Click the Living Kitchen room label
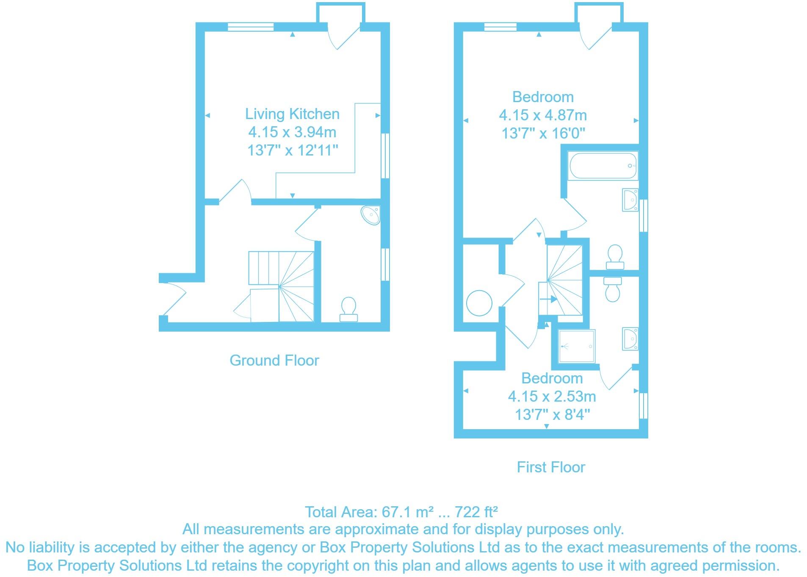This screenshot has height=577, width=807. tap(292, 114)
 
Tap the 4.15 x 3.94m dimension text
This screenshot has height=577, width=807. tap(292, 132)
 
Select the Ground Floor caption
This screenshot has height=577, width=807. tap(274, 361)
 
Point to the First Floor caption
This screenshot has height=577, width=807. tap(550, 467)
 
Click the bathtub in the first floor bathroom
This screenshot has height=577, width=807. tap(603, 166)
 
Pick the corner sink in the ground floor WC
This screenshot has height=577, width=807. tap(371, 215)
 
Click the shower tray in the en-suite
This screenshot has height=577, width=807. tap(576, 346)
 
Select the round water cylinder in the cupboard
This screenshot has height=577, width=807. tap(479, 303)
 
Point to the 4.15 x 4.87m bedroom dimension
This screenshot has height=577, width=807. tap(543, 115)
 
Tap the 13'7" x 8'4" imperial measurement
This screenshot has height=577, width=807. tap(552, 414)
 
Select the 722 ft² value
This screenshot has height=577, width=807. tap(476, 512)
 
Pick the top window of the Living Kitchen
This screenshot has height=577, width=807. tap(250, 27)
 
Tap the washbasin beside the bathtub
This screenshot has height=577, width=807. tap(630, 200)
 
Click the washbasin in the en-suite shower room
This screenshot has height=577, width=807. tap(630, 338)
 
